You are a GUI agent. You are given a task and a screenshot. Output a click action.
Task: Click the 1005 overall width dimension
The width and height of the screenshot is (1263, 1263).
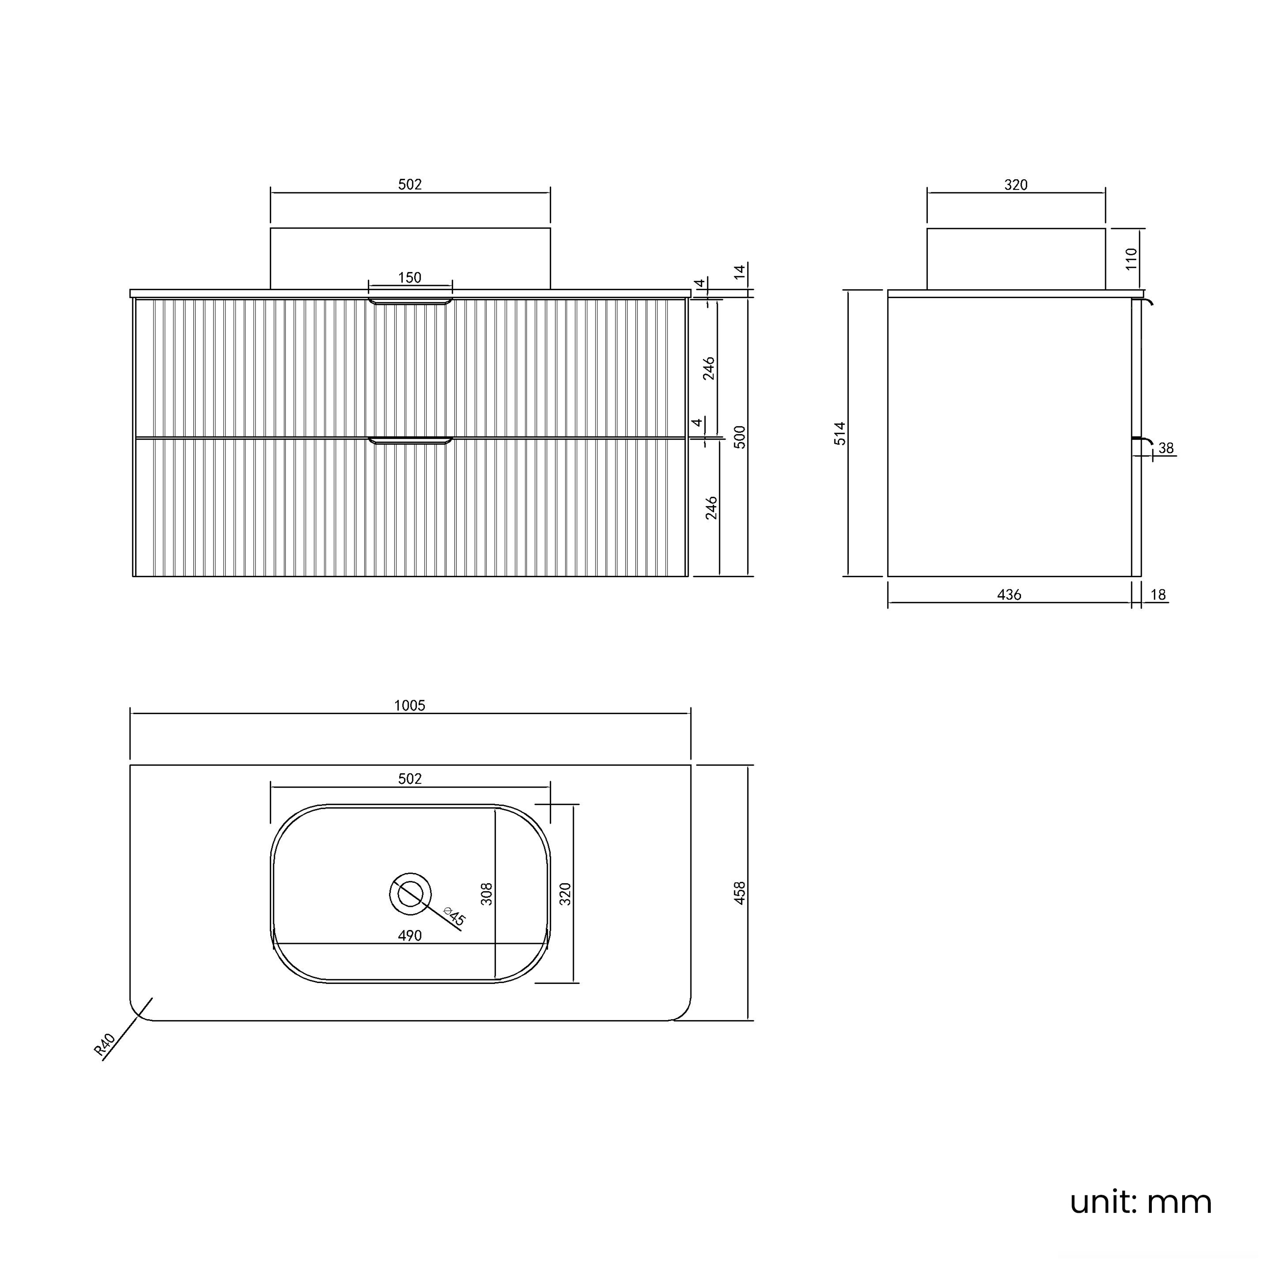point(410,705)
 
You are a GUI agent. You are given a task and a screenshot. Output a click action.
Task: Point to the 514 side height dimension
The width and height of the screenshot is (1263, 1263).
point(839,434)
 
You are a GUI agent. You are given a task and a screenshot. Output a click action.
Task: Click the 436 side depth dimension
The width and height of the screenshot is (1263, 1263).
point(1010,594)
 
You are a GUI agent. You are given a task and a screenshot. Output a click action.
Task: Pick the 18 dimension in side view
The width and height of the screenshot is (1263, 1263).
point(1158,594)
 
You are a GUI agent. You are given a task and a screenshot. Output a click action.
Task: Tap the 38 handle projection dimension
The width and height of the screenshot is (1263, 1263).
point(1166,448)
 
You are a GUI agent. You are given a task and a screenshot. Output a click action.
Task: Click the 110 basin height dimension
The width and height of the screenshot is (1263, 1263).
point(1132,259)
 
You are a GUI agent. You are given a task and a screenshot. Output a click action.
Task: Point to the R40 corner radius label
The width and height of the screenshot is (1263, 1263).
point(104,1044)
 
